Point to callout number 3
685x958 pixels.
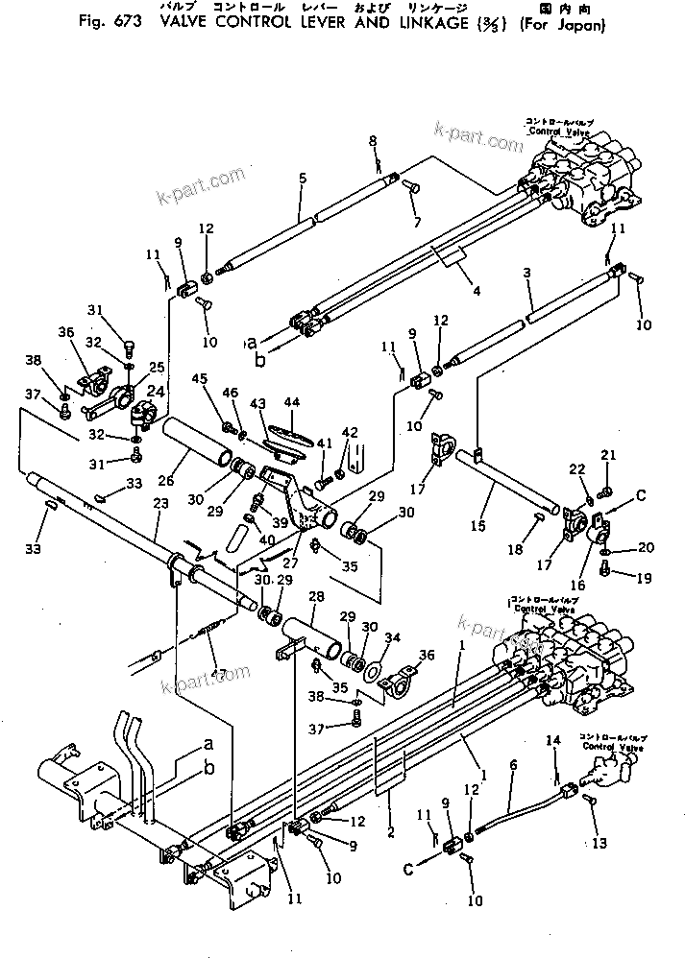[526, 275]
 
